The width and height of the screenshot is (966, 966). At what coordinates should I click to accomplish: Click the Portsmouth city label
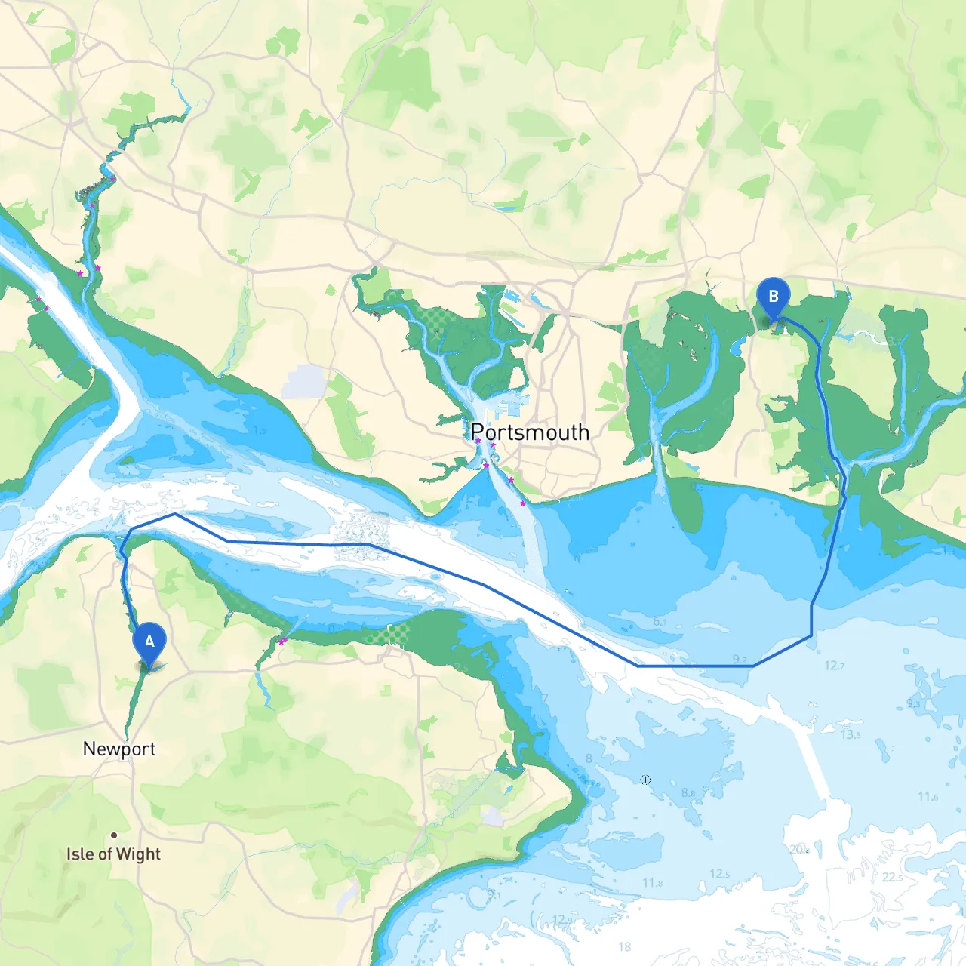point(530,432)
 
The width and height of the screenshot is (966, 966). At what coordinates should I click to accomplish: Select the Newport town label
point(119,749)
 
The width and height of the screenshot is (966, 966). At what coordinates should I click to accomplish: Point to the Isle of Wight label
point(113,854)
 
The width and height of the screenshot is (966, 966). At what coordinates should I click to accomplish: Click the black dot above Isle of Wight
point(114,835)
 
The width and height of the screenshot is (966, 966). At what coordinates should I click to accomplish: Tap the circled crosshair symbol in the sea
point(645,780)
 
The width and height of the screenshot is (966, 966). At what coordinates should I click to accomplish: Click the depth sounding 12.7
point(834,666)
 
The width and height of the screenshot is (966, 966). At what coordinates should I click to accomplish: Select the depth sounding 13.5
point(851,734)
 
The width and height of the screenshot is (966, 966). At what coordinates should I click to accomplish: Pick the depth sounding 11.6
point(928,797)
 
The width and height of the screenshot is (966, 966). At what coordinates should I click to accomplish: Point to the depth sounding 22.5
point(892,877)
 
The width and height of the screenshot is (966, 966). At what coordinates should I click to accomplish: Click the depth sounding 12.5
point(719,874)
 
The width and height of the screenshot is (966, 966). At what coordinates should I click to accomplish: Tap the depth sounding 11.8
point(653,883)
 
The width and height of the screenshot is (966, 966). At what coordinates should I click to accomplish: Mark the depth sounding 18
point(625,946)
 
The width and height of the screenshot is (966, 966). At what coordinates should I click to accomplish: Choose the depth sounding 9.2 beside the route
point(740,660)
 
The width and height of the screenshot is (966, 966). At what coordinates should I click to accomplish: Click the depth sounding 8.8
point(688,793)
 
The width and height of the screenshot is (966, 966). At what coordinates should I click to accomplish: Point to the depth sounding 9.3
point(913,703)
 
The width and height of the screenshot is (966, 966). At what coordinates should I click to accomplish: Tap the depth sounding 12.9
point(562,919)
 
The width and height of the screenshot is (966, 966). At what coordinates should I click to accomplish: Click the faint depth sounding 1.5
point(260,430)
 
